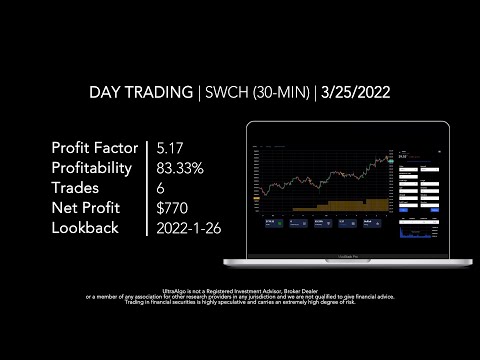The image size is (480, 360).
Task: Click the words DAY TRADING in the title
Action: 141,92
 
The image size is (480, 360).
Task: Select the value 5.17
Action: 172,148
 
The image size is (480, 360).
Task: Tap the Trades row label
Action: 75,188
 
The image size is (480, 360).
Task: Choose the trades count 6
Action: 161,188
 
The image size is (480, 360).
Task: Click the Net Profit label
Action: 85,208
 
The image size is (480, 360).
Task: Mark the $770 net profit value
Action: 173,208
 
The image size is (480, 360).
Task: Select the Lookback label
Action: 85,228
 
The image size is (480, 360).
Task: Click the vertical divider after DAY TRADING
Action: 198,92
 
